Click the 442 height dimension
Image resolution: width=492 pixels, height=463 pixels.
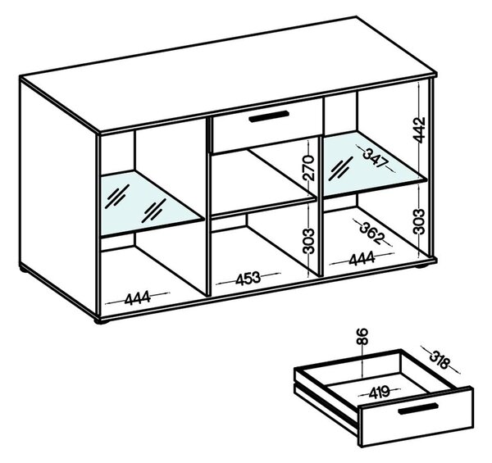419,129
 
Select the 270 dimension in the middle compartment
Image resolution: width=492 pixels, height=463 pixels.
309,168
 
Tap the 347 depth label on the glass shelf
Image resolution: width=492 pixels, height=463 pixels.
376,158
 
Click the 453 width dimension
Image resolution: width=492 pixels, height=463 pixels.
248,279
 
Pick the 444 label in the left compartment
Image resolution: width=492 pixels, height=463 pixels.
138,298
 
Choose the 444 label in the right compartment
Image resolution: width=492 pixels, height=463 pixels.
362,259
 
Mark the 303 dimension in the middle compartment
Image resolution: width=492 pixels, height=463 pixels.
309,241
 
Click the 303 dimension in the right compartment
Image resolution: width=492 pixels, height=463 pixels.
419,221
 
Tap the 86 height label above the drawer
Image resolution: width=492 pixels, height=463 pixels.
362,337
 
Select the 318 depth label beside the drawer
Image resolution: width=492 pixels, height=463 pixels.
440,360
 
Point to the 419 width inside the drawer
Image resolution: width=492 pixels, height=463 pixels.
379,392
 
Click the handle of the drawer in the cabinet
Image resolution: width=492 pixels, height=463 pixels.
269,116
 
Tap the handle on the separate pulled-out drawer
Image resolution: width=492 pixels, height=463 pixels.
418,408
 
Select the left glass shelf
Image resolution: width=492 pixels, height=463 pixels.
151,203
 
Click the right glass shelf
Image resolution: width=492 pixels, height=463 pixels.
373,163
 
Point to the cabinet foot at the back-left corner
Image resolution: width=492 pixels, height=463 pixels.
24,269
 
